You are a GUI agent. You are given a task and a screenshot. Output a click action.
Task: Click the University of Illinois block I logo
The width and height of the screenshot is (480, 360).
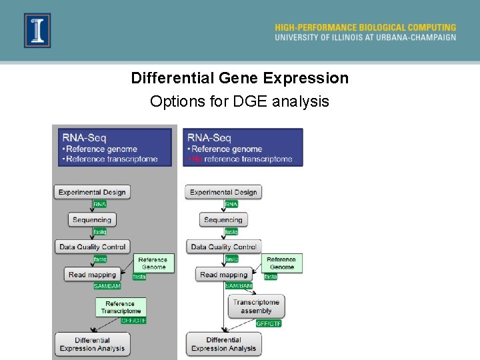click(37, 31)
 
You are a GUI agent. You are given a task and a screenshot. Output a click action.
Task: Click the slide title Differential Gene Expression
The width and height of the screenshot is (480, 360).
click(239, 78)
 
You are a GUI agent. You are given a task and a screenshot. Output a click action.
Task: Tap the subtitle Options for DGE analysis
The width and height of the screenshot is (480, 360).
click(239, 101)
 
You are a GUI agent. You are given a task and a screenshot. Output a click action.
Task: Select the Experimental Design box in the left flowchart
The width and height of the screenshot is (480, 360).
click(92, 192)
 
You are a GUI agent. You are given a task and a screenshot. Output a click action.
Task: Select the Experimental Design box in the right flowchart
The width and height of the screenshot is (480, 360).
click(223, 192)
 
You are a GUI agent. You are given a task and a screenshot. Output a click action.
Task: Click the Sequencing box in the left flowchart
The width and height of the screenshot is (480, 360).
click(92, 219)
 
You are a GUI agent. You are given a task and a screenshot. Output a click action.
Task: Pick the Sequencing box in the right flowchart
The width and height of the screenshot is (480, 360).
click(223, 219)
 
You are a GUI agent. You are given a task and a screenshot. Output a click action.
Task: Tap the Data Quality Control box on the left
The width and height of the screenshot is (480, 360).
click(92, 247)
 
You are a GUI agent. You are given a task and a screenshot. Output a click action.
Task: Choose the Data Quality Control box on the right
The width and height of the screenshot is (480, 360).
click(223, 247)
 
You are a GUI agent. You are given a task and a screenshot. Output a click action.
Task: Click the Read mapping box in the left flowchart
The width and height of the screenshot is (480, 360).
click(92, 275)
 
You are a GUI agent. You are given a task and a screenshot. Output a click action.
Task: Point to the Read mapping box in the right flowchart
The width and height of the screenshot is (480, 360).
click(223, 275)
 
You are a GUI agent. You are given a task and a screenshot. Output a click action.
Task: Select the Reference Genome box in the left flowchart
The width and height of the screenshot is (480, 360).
click(153, 263)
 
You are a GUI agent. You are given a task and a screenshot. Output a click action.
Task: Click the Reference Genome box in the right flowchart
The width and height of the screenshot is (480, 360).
click(281, 263)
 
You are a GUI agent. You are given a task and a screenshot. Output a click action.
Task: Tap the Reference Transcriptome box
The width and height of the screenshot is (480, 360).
click(121, 307)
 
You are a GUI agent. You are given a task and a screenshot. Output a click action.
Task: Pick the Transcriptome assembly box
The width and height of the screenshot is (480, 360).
click(256, 306)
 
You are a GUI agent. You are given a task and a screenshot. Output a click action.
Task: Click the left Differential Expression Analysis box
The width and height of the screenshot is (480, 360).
click(92, 344)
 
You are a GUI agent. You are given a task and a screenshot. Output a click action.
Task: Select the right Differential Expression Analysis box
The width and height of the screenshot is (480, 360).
click(223, 344)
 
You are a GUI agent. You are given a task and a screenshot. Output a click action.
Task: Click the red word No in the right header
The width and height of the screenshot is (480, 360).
click(197, 159)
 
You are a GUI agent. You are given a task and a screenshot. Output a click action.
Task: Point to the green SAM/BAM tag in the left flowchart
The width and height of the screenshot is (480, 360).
click(107, 286)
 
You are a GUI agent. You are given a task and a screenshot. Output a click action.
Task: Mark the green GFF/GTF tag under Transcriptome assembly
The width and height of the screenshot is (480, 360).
click(269, 323)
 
